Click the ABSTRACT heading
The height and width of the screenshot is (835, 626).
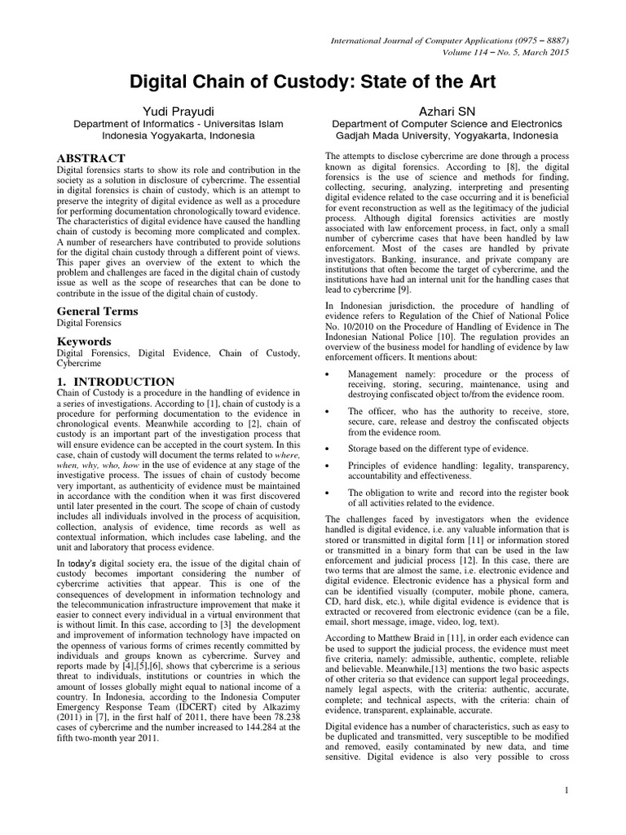pyautogui.click(x=90, y=157)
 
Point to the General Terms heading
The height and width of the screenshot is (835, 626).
pyautogui.click(x=97, y=311)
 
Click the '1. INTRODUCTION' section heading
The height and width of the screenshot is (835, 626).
pyautogui.click(x=115, y=382)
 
